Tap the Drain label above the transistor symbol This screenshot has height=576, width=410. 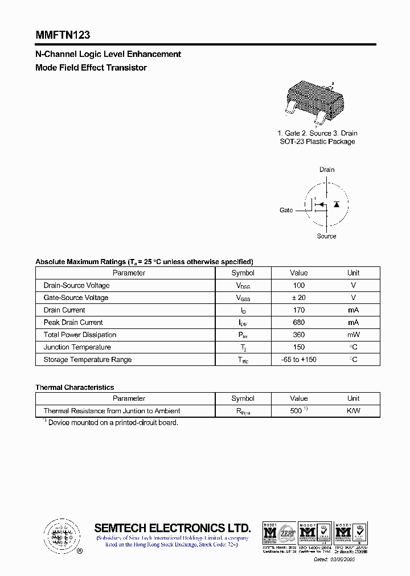[x=327, y=170]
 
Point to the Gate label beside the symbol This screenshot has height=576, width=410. [x=286, y=210]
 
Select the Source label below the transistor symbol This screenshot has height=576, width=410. [x=326, y=236]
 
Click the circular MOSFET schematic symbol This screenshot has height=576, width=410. [x=326, y=204]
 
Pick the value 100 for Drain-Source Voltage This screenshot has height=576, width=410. [x=298, y=285]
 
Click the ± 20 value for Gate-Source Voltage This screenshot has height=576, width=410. [x=298, y=298]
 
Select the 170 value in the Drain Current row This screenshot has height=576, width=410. [x=298, y=310]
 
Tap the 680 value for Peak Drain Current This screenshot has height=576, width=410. [x=298, y=323]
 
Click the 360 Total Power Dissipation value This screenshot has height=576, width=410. [x=298, y=335]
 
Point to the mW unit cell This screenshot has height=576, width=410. [x=353, y=335]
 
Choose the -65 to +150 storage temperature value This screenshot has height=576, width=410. [x=298, y=360]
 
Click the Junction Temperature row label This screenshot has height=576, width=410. [x=77, y=347]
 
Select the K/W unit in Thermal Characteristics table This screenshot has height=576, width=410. [x=353, y=411]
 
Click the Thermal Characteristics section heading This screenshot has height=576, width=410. [x=75, y=387]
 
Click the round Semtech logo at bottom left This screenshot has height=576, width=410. [x=60, y=535]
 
